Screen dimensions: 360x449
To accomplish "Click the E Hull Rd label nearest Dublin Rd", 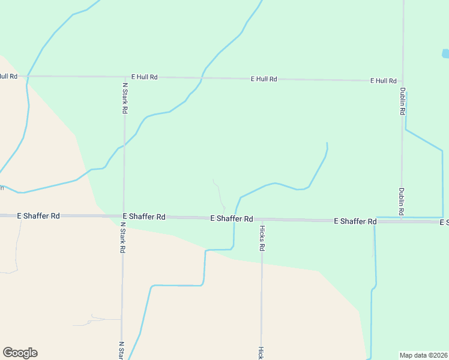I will [x=383, y=80].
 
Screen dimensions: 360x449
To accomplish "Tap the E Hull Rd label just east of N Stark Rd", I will [x=144, y=77].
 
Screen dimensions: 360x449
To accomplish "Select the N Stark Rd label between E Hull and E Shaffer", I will [x=125, y=98].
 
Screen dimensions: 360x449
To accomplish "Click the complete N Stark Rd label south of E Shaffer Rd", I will [x=122, y=237].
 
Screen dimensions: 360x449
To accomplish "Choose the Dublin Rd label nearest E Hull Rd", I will [x=403, y=101].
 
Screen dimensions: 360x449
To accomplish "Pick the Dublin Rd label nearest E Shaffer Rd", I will [x=401, y=202].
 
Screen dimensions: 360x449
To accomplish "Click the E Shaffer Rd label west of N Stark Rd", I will [x=38, y=215].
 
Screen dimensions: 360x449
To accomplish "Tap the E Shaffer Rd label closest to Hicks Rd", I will [x=232, y=219].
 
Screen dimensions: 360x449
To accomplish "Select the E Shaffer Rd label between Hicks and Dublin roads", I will [x=355, y=221].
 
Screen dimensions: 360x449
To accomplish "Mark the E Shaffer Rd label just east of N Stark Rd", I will [x=144, y=216].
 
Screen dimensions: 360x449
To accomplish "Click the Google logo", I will [x=20, y=353].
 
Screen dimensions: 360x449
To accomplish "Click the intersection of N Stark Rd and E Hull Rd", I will [x=125, y=77].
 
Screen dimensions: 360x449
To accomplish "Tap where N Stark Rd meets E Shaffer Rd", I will [x=123, y=216].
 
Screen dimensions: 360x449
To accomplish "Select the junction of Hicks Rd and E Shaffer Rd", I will [x=262, y=220].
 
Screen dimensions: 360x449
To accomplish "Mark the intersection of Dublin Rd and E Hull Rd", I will [x=403, y=80].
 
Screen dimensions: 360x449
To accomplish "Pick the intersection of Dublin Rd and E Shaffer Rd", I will [x=401, y=221].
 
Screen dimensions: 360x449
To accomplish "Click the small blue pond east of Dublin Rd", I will [x=445, y=53].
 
